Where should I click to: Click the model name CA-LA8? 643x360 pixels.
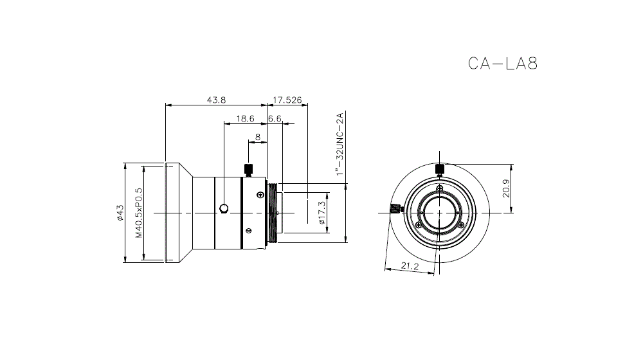(x=502, y=63)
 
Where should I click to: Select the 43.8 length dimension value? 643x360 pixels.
(x=216, y=100)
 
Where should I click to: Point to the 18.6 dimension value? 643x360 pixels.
(x=245, y=118)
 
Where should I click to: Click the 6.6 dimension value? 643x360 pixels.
(x=275, y=118)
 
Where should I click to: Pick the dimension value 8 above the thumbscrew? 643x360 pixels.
(x=258, y=136)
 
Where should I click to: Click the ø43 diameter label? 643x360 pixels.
(x=119, y=213)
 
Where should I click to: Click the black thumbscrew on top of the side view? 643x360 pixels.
(x=248, y=170)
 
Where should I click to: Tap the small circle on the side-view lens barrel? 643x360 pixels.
(x=224, y=208)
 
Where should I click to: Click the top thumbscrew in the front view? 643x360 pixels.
(x=440, y=169)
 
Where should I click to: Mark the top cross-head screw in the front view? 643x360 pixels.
(x=439, y=188)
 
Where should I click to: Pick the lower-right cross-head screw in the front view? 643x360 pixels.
(x=460, y=224)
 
